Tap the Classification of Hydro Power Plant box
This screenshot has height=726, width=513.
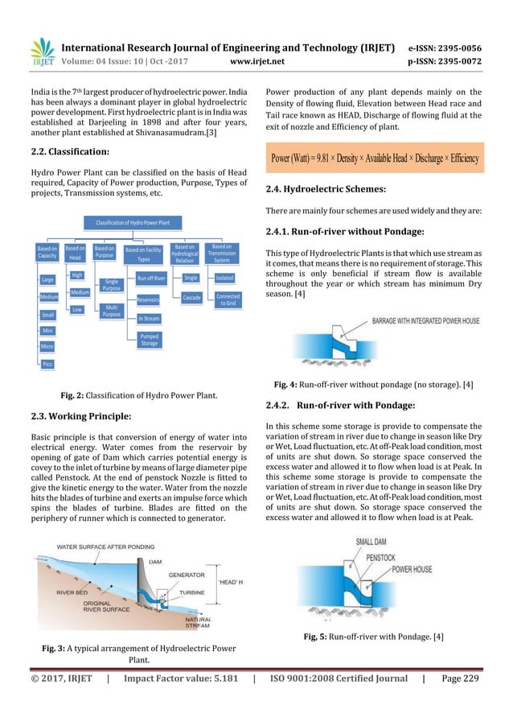[x=133, y=221]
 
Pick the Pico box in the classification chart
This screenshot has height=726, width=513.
[x=47, y=365]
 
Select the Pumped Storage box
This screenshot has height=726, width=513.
[x=150, y=340]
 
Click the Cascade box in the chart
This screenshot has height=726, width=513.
[x=191, y=298]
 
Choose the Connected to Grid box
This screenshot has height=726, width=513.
[x=228, y=300]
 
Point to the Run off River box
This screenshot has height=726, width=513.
[x=150, y=278]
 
